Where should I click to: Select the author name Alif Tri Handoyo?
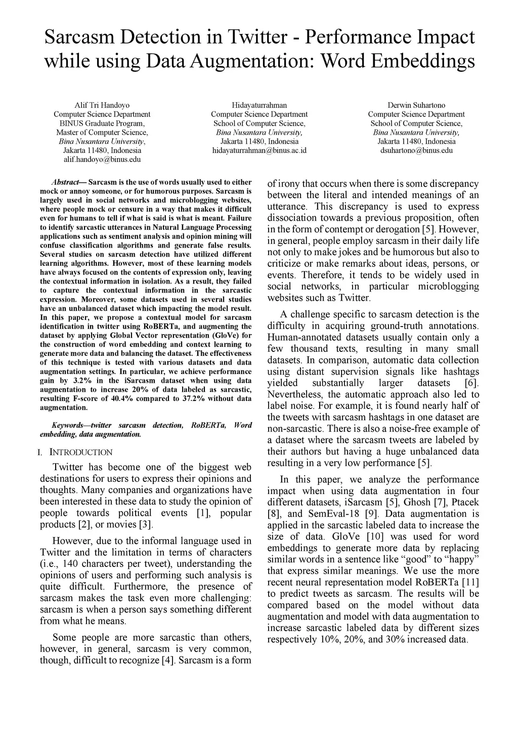102,105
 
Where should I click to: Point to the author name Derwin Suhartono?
416,105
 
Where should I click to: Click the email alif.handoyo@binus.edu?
102,159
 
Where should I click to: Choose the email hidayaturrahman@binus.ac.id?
259,150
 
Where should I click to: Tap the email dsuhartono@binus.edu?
416,150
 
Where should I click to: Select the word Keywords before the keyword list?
68,425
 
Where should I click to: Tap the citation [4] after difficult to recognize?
168,660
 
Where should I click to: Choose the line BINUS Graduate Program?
102,124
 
